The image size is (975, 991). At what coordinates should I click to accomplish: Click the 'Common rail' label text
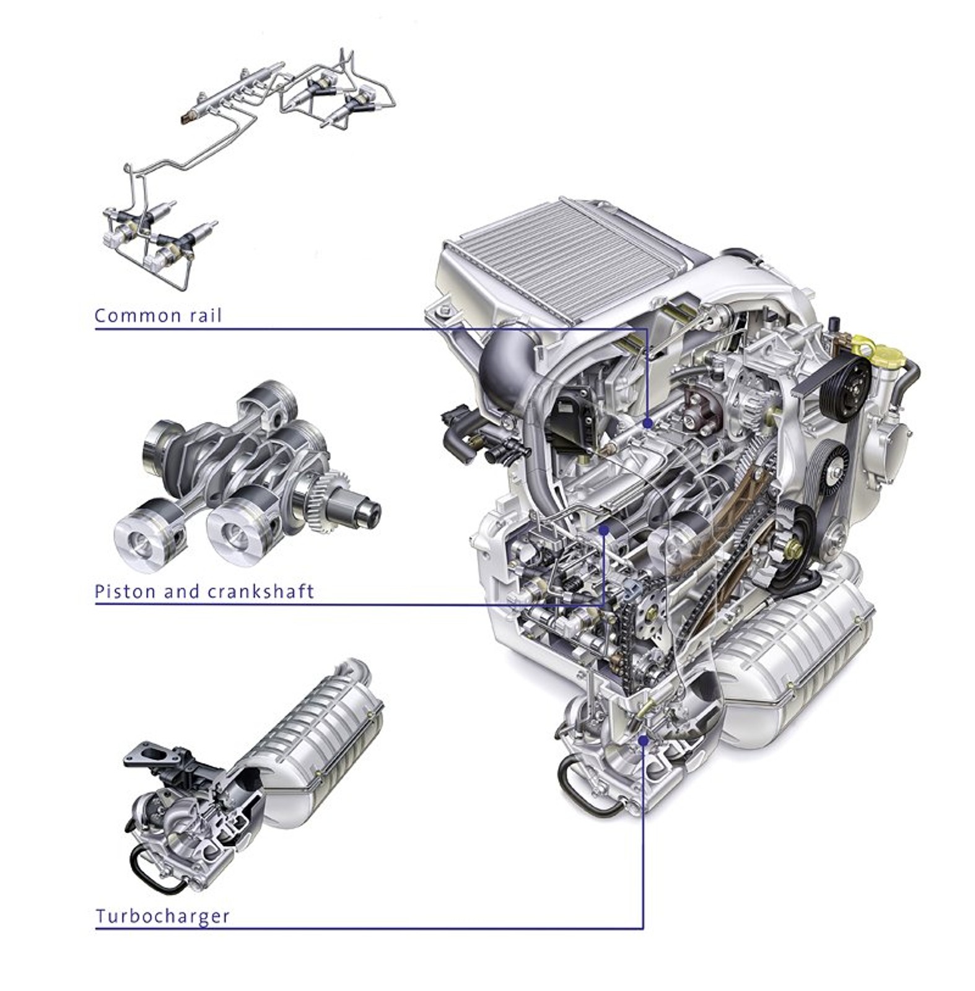[x=158, y=316]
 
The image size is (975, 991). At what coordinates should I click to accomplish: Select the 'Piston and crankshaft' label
[x=204, y=592]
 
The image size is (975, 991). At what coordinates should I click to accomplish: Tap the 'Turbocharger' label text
[x=162, y=915]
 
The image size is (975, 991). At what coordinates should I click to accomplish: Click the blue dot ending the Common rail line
[x=648, y=424]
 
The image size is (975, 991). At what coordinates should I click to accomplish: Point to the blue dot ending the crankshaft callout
[x=605, y=530]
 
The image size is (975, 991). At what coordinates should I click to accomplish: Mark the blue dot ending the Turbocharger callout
[x=643, y=740]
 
